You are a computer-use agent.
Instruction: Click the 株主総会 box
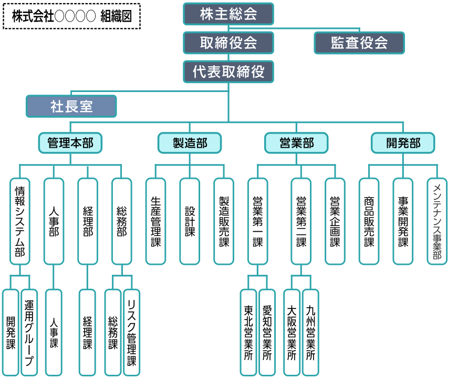point(228,14)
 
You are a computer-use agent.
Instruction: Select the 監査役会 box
point(359,43)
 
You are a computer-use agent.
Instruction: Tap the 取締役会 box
point(228,43)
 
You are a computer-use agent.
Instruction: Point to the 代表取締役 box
point(228,71)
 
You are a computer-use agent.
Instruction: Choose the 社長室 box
point(71,106)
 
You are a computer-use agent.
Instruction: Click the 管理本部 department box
point(70,142)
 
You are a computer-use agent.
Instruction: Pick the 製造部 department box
point(190,142)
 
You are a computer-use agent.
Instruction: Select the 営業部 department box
point(296,142)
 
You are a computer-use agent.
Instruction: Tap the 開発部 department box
point(403,142)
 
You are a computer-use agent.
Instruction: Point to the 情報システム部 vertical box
point(20,221)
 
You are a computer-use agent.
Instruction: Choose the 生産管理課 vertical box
point(155,221)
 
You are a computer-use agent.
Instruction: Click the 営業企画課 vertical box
point(335,221)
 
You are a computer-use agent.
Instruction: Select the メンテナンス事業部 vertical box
point(437,221)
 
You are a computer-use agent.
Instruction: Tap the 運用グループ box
point(29,332)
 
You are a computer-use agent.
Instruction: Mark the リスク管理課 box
point(131,332)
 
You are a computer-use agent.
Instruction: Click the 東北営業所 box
point(248,332)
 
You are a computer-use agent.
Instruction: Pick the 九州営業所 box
point(310,332)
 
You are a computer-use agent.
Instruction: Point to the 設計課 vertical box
point(190,221)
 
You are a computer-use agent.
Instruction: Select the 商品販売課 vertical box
point(369,221)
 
